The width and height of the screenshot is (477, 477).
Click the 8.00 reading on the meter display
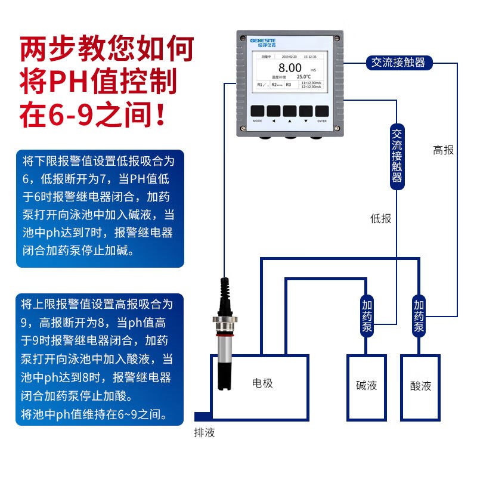pyautogui.click(x=290, y=67)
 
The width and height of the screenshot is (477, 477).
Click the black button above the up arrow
pyautogui.click(x=290, y=111)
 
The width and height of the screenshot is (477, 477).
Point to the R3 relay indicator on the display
pyautogui.click(x=289, y=85)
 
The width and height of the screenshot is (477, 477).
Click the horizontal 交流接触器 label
pyautogui.click(x=398, y=62)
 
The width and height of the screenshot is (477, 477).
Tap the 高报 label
pyautogui.click(x=443, y=150)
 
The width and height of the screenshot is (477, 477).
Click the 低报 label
pyautogui.click(x=380, y=218)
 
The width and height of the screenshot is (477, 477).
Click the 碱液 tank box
pyautogui.click(x=367, y=386)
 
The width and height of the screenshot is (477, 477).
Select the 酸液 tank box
pyautogui.click(x=421, y=386)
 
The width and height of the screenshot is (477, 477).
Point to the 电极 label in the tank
pyautogui.click(x=262, y=383)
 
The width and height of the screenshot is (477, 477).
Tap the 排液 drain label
pyautogui.click(x=204, y=433)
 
